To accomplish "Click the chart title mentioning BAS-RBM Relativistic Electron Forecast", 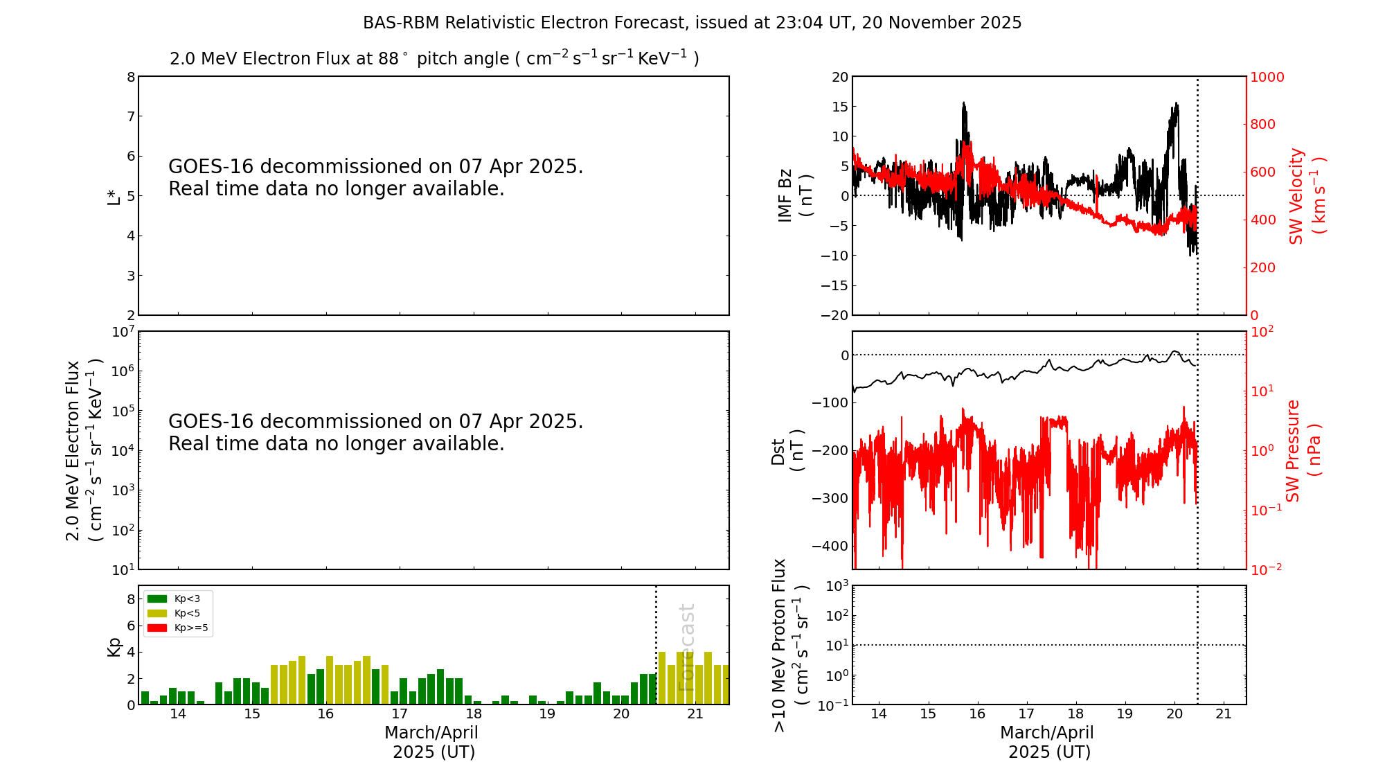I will pyautogui.click(x=692, y=23).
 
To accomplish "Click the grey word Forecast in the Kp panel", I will pyautogui.click(x=686, y=647).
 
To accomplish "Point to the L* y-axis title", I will pyautogui.click(x=114, y=196).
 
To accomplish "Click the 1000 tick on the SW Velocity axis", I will pyautogui.click(x=1267, y=77).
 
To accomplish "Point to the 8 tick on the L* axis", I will pyautogui.click(x=131, y=77).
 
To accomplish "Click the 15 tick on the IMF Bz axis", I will pyautogui.click(x=839, y=107).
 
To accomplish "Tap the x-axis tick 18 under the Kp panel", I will pyautogui.click(x=474, y=714).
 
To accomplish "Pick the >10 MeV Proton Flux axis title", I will pyautogui.click(x=790, y=645).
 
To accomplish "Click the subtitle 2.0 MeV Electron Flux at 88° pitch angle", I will pyautogui.click(x=434, y=58).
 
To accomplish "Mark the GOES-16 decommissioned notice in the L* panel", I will pyautogui.click(x=375, y=177).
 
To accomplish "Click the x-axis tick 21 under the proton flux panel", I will pyautogui.click(x=1224, y=714).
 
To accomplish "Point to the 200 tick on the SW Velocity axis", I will pyautogui.click(x=1262, y=267).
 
